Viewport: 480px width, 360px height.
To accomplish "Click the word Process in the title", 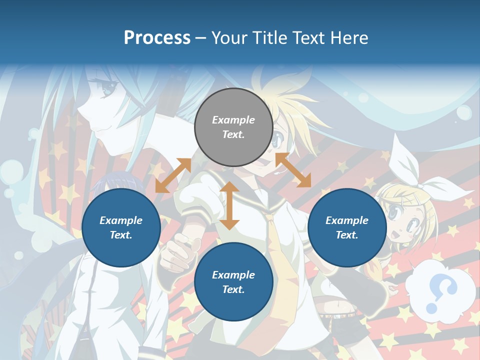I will (x=157, y=38).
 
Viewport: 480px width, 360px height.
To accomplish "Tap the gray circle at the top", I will (x=233, y=127).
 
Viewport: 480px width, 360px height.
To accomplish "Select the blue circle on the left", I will (x=121, y=227).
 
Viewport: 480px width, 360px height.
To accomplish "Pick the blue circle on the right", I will (x=347, y=227).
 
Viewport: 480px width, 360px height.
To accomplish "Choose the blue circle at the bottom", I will (x=233, y=282).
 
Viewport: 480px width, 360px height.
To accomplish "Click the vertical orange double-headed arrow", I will (x=229, y=205).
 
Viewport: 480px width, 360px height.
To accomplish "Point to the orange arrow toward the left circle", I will (x=173, y=175).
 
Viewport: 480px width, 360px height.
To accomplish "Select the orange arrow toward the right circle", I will (x=293, y=170).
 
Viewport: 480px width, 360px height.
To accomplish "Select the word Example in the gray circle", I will (x=233, y=120).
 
